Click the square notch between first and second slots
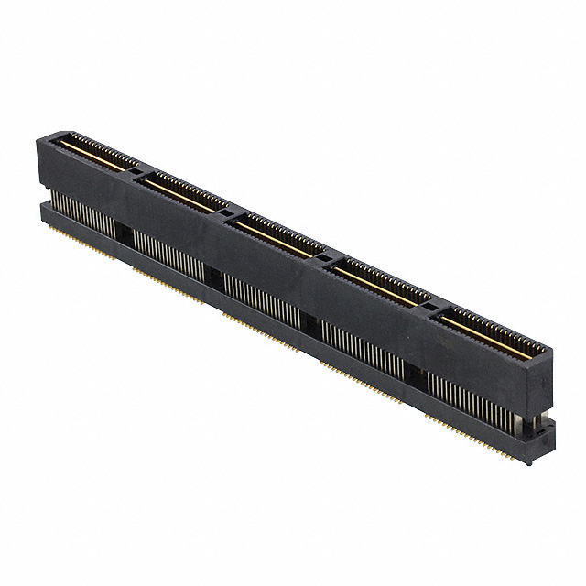136,171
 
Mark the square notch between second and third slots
220,211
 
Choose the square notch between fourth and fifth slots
427,305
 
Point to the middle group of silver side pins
261,297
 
